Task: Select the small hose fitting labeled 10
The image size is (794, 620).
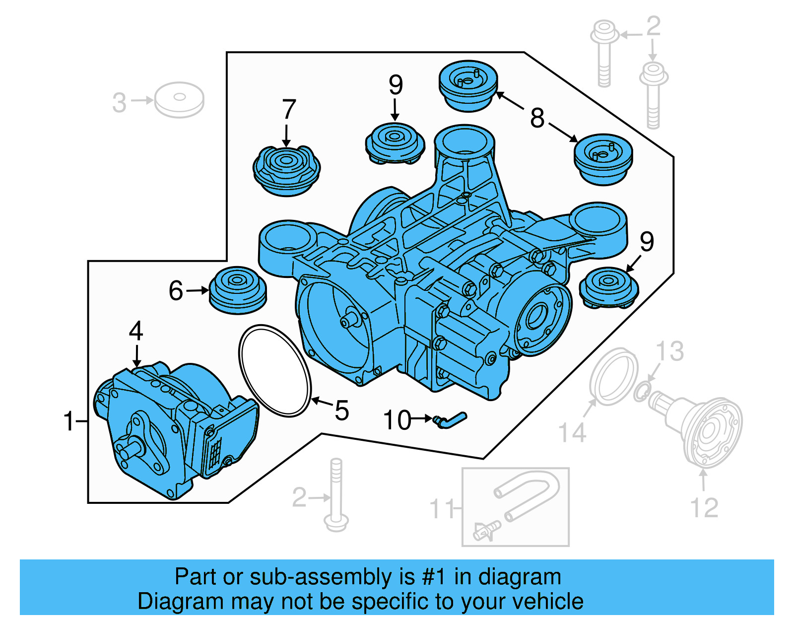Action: pyautogui.click(x=450, y=420)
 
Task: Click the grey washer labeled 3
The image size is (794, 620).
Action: pyautogui.click(x=179, y=100)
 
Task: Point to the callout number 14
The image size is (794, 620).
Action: pyautogui.click(x=572, y=432)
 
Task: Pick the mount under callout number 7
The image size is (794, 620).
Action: pyautogui.click(x=286, y=170)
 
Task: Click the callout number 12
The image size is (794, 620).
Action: pyautogui.click(x=704, y=508)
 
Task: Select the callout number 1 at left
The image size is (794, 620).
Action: pyautogui.click(x=68, y=421)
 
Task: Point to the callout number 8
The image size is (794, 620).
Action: pyautogui.click(x=537, y=118)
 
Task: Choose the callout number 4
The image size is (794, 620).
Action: pyautogui.click(x=136, y=331)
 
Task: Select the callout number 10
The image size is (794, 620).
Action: pyautogui.click(x=397, y=420)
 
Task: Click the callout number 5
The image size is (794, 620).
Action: pyautogui.click(x=342, y=411)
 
